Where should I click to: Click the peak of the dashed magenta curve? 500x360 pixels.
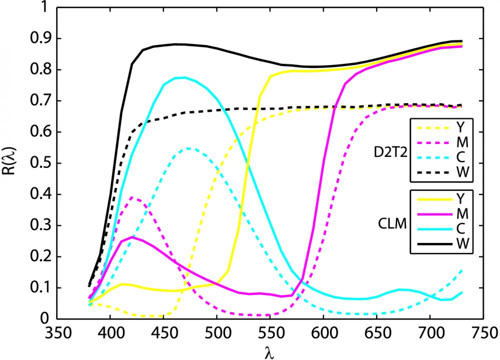(x=131, y=197)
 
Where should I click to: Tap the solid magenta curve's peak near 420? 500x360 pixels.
(x=131, y=237)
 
